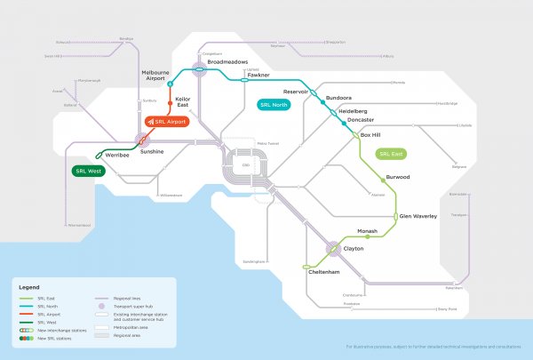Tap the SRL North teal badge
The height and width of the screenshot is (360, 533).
pyautogui.click(x=275, y=105)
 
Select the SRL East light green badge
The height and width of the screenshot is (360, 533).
pyautogui.click(x=391, y=154)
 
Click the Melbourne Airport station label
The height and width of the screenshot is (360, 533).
pyautogui.click(x=155, y=75)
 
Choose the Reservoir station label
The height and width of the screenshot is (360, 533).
pyautogui.click(x=295, y=91)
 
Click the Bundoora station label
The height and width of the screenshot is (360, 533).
pyautogui.click(x=339, y=98)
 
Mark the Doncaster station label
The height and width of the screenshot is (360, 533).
pyautogui.click(x=360, y=120)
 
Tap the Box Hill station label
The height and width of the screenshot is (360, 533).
pyautogui.click(x=370, y=135)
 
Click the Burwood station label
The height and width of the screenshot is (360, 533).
pyautogui.click(x=397, y=177)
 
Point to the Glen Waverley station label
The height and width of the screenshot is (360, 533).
pyautogui.click(x=418, y=215)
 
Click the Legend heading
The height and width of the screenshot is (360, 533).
pyautogui.click(x=29, y=287)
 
